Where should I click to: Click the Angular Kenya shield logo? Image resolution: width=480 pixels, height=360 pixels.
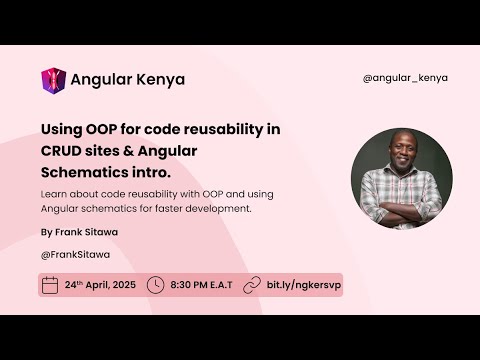53,80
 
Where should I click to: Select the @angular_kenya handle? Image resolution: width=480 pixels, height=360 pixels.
404,78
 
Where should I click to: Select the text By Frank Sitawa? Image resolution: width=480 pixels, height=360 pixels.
78,231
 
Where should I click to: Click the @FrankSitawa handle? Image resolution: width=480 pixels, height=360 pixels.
76,254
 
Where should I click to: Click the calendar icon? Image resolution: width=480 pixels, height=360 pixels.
50,285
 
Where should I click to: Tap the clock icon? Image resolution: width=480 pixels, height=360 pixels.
155,285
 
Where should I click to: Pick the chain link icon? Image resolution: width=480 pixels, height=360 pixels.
252,285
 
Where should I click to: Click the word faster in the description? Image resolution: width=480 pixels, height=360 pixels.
188,208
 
